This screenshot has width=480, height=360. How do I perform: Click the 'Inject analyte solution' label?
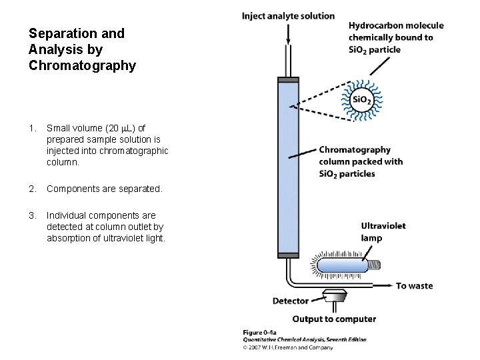click(x=289, y=16)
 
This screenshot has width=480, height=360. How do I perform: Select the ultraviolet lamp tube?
click(x=343, y=265)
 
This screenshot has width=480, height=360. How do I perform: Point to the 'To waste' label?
click(x=414, y=286)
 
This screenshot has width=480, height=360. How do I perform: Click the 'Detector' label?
click(x=290, y=301)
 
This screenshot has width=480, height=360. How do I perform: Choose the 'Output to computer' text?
click(x=334, y=319)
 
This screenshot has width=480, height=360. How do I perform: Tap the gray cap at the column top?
click(x=289, y=81)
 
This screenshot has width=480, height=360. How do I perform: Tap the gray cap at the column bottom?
click(x=289, y=254)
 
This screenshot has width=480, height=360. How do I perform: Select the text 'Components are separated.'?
click(x=104, y=189)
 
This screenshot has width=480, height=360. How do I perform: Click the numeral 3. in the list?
click(x=33, y=215)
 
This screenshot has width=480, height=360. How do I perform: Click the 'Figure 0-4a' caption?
click(x=262, y=332)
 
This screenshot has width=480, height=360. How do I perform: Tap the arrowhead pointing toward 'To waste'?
click(x=389, y=286)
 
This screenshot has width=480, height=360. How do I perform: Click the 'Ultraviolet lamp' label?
click(x=383, y=231)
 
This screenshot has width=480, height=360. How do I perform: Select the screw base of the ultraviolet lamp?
click(x=377, y=265)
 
